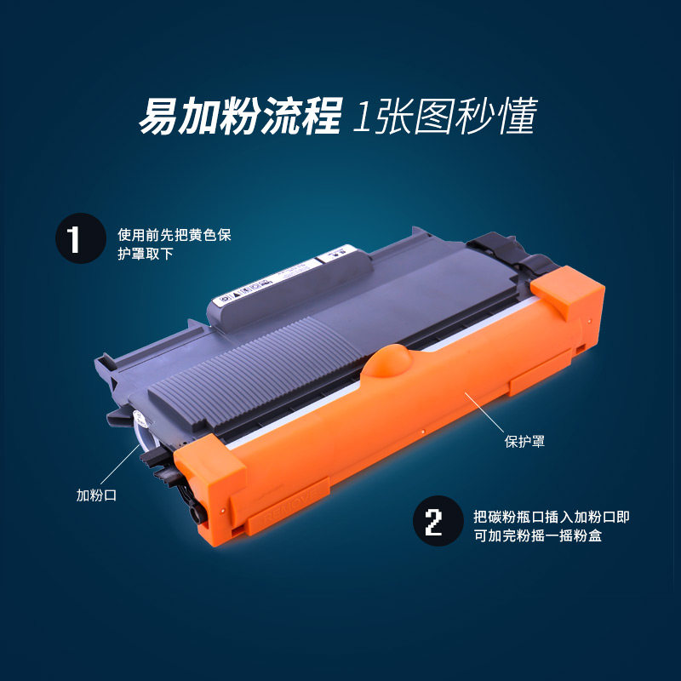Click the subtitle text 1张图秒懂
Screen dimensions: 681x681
(445, 117)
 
